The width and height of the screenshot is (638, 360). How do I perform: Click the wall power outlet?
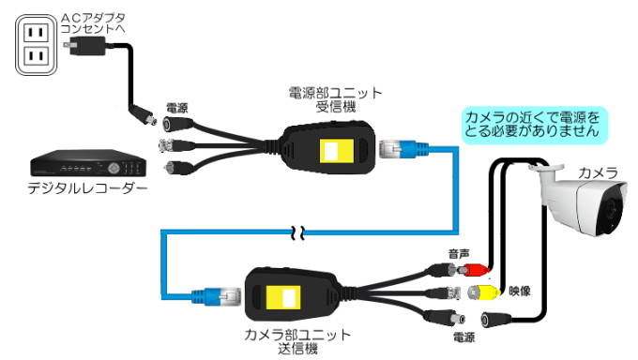35,46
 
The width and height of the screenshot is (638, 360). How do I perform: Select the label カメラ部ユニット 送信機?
297,341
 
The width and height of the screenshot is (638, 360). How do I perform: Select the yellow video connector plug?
485,290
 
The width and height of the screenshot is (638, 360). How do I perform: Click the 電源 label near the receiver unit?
176,108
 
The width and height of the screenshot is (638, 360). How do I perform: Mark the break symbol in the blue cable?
299,232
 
